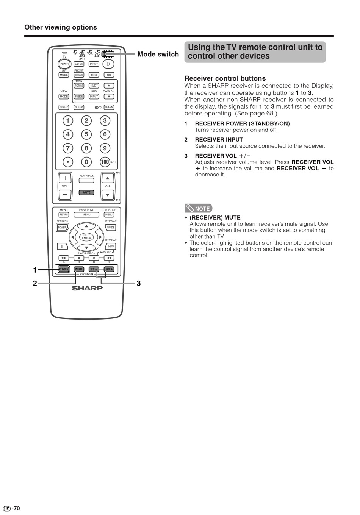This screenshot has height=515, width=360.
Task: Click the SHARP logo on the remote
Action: [x=87, y=288]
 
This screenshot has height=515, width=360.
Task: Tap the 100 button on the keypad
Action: [x=105, y=162]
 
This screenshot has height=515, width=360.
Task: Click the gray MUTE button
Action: [x=87, y=193]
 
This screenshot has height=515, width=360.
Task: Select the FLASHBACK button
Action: [x=86, y=180]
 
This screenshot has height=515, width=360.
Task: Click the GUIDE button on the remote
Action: [x=111, y=228]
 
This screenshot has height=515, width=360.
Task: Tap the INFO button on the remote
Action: [x=111, y=246]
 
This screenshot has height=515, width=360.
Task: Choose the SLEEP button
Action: [x=79, y=107]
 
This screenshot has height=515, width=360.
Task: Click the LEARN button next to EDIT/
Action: [x=109, y=107]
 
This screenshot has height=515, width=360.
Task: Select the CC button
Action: [x=109, y=75]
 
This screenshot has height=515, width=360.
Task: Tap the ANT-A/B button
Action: [x=79, y=64]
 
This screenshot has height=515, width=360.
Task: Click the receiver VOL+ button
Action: [x=109, y=269]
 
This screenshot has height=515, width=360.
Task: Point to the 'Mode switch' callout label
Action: [x=158, y=54]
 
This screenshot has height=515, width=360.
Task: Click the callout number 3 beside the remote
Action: [x=139, y=283]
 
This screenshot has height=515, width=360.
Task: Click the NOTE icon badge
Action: [x=199, y=208]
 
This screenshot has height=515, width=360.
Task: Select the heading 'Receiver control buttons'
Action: [x=225, y=78]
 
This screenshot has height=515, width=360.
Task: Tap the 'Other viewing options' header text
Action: [x=61, y=27]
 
